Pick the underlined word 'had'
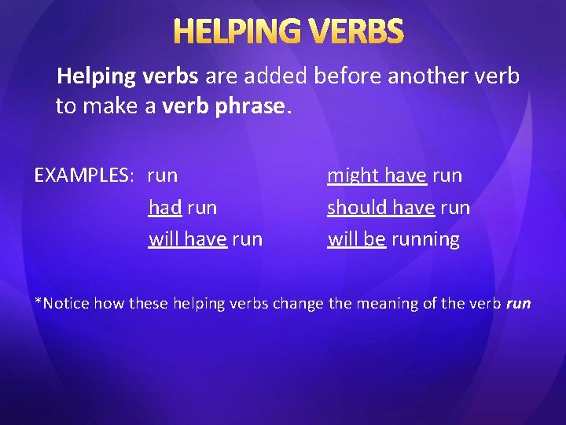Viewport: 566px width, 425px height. pos(165,208)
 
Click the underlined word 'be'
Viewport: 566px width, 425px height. pos(374,239)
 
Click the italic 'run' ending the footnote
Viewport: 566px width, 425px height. pos(519,304)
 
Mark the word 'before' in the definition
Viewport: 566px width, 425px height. pos(342,76)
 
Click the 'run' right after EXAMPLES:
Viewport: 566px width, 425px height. pos(163,176)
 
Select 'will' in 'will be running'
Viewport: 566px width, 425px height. pos(342,239)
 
